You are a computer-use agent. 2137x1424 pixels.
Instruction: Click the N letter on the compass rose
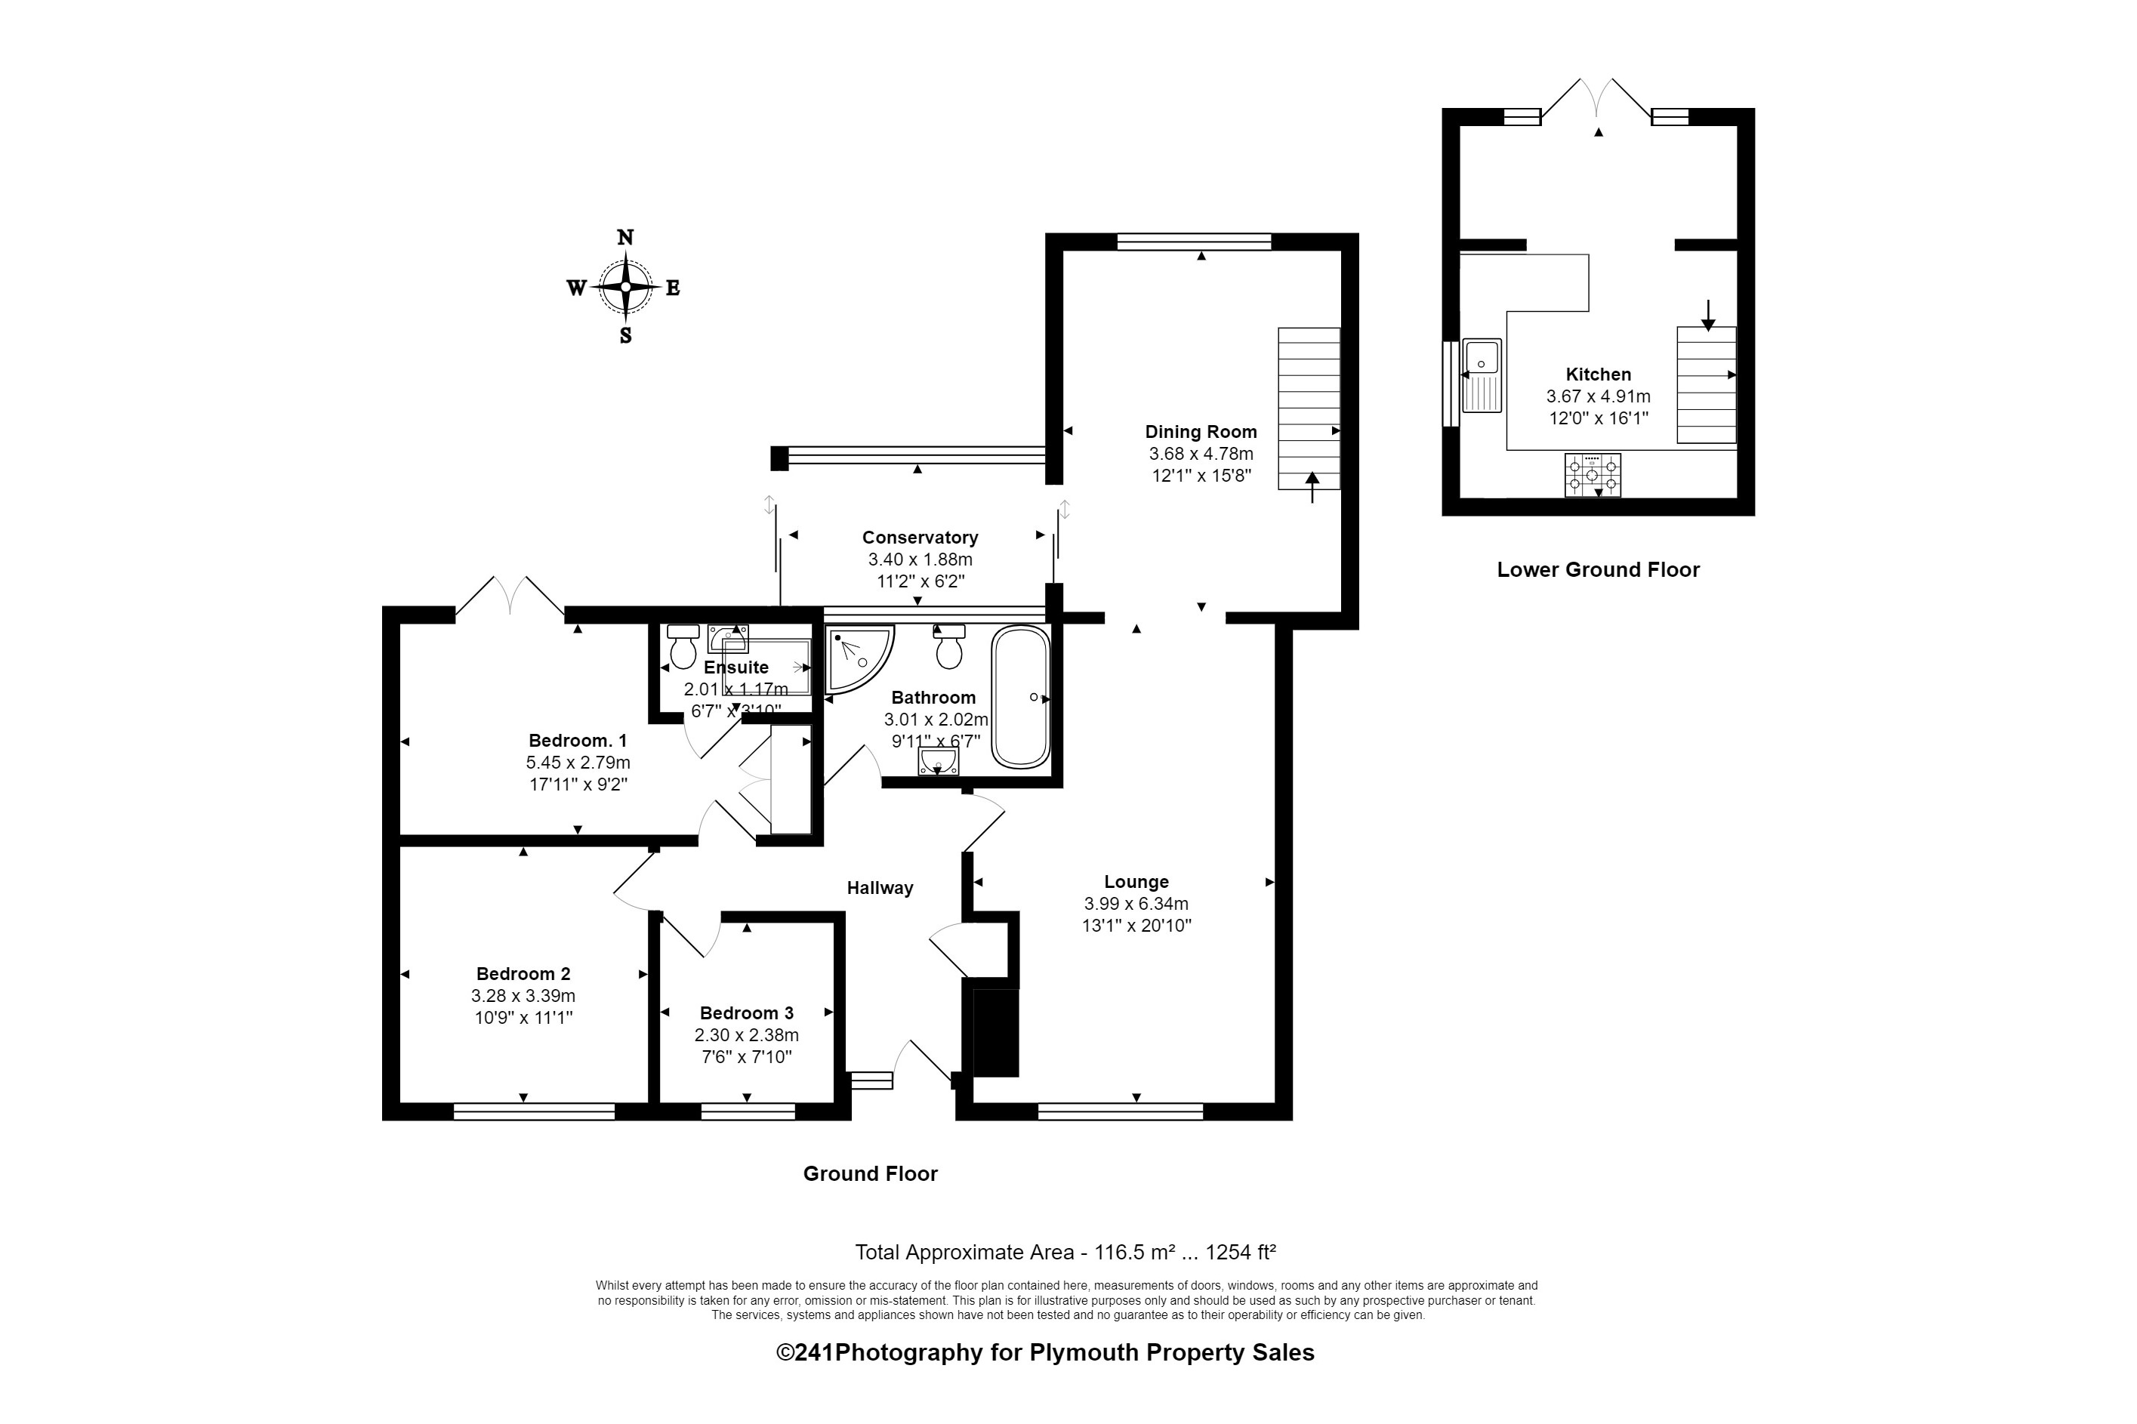[x=624, y=238]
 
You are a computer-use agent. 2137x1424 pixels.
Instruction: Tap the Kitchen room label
[x=1598, y=374]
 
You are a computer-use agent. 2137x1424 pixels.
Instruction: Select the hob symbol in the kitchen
[x=1591, y=475]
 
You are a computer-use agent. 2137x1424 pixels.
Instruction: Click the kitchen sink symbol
[x=1482, y=375]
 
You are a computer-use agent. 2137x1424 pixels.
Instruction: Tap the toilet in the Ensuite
[x=682, y=646]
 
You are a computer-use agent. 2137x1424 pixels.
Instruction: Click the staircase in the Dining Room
[x=1308, y=408]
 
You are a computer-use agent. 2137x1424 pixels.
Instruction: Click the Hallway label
[x=879, y=888]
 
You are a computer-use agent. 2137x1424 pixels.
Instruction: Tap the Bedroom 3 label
[x=747, y=1013]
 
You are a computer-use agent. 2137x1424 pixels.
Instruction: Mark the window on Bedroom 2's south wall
[x=534, y=1111]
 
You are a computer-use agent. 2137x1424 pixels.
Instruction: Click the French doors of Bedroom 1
[x=509, y=597]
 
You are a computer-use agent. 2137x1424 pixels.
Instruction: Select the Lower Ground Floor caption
[x=1598, y=569]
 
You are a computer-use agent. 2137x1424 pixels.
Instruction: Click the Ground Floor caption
[x=869, y=1173]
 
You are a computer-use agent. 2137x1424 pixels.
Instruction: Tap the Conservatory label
[x=919, y=538]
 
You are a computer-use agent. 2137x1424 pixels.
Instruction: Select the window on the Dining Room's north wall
[x=1193, y=242]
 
